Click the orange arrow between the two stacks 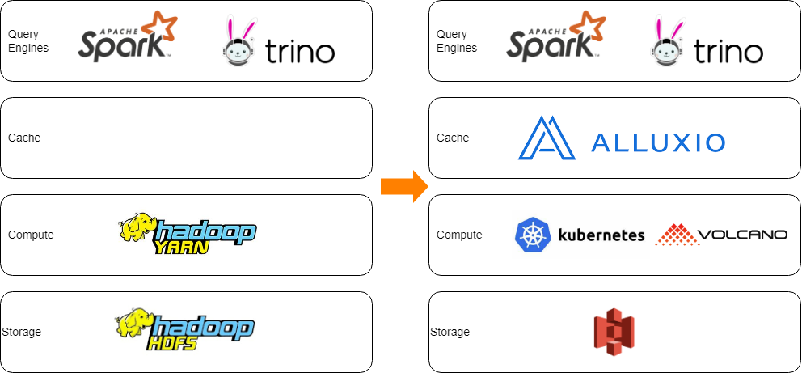[x=403, y=186]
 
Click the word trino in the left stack [x=299, y=53]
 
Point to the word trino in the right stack [x=728, y=53]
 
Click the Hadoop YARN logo [x=188, y=235]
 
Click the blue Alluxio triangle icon [x=547, y=138]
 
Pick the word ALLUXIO [x=658, y=143]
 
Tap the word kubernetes [x=601, y=235]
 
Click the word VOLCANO [x=741, y=235]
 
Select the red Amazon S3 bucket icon [x=614, y=333]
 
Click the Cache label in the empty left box [x=24, y=138]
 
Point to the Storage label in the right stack [x=450, y=332]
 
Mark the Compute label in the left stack [x=31, y=235]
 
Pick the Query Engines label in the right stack [x=456, y=41]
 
